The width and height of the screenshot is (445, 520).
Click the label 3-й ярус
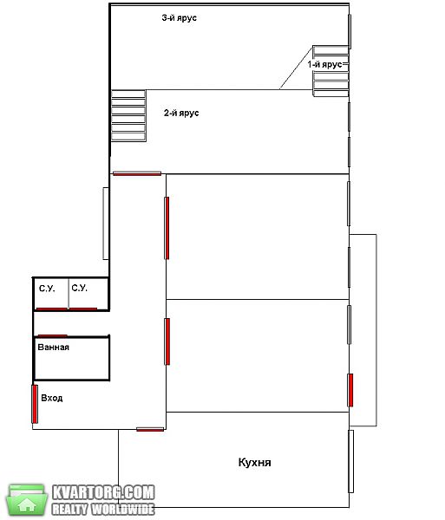180,18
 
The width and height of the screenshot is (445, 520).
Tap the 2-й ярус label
181,113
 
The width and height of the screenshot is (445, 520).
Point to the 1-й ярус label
324,64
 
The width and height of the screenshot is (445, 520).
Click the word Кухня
254,462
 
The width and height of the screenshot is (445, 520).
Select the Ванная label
54,348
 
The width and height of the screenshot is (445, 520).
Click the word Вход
52,398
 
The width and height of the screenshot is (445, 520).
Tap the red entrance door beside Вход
35,404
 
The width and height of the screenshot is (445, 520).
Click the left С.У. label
47,289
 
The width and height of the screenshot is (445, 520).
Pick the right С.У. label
79,288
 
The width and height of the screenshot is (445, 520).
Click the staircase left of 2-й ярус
128,116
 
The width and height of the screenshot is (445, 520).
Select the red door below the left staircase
137,173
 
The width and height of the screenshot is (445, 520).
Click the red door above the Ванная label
52,335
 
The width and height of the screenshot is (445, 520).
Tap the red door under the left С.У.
51,309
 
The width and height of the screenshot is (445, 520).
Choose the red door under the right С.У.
83,309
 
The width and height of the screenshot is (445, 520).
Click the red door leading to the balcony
350,390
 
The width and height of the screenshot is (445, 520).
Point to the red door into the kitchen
150,430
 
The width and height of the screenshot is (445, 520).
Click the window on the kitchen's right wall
350,461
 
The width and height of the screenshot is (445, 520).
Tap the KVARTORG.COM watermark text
103,492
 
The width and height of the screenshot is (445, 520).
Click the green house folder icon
26,500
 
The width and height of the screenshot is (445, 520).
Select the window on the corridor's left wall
106,224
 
